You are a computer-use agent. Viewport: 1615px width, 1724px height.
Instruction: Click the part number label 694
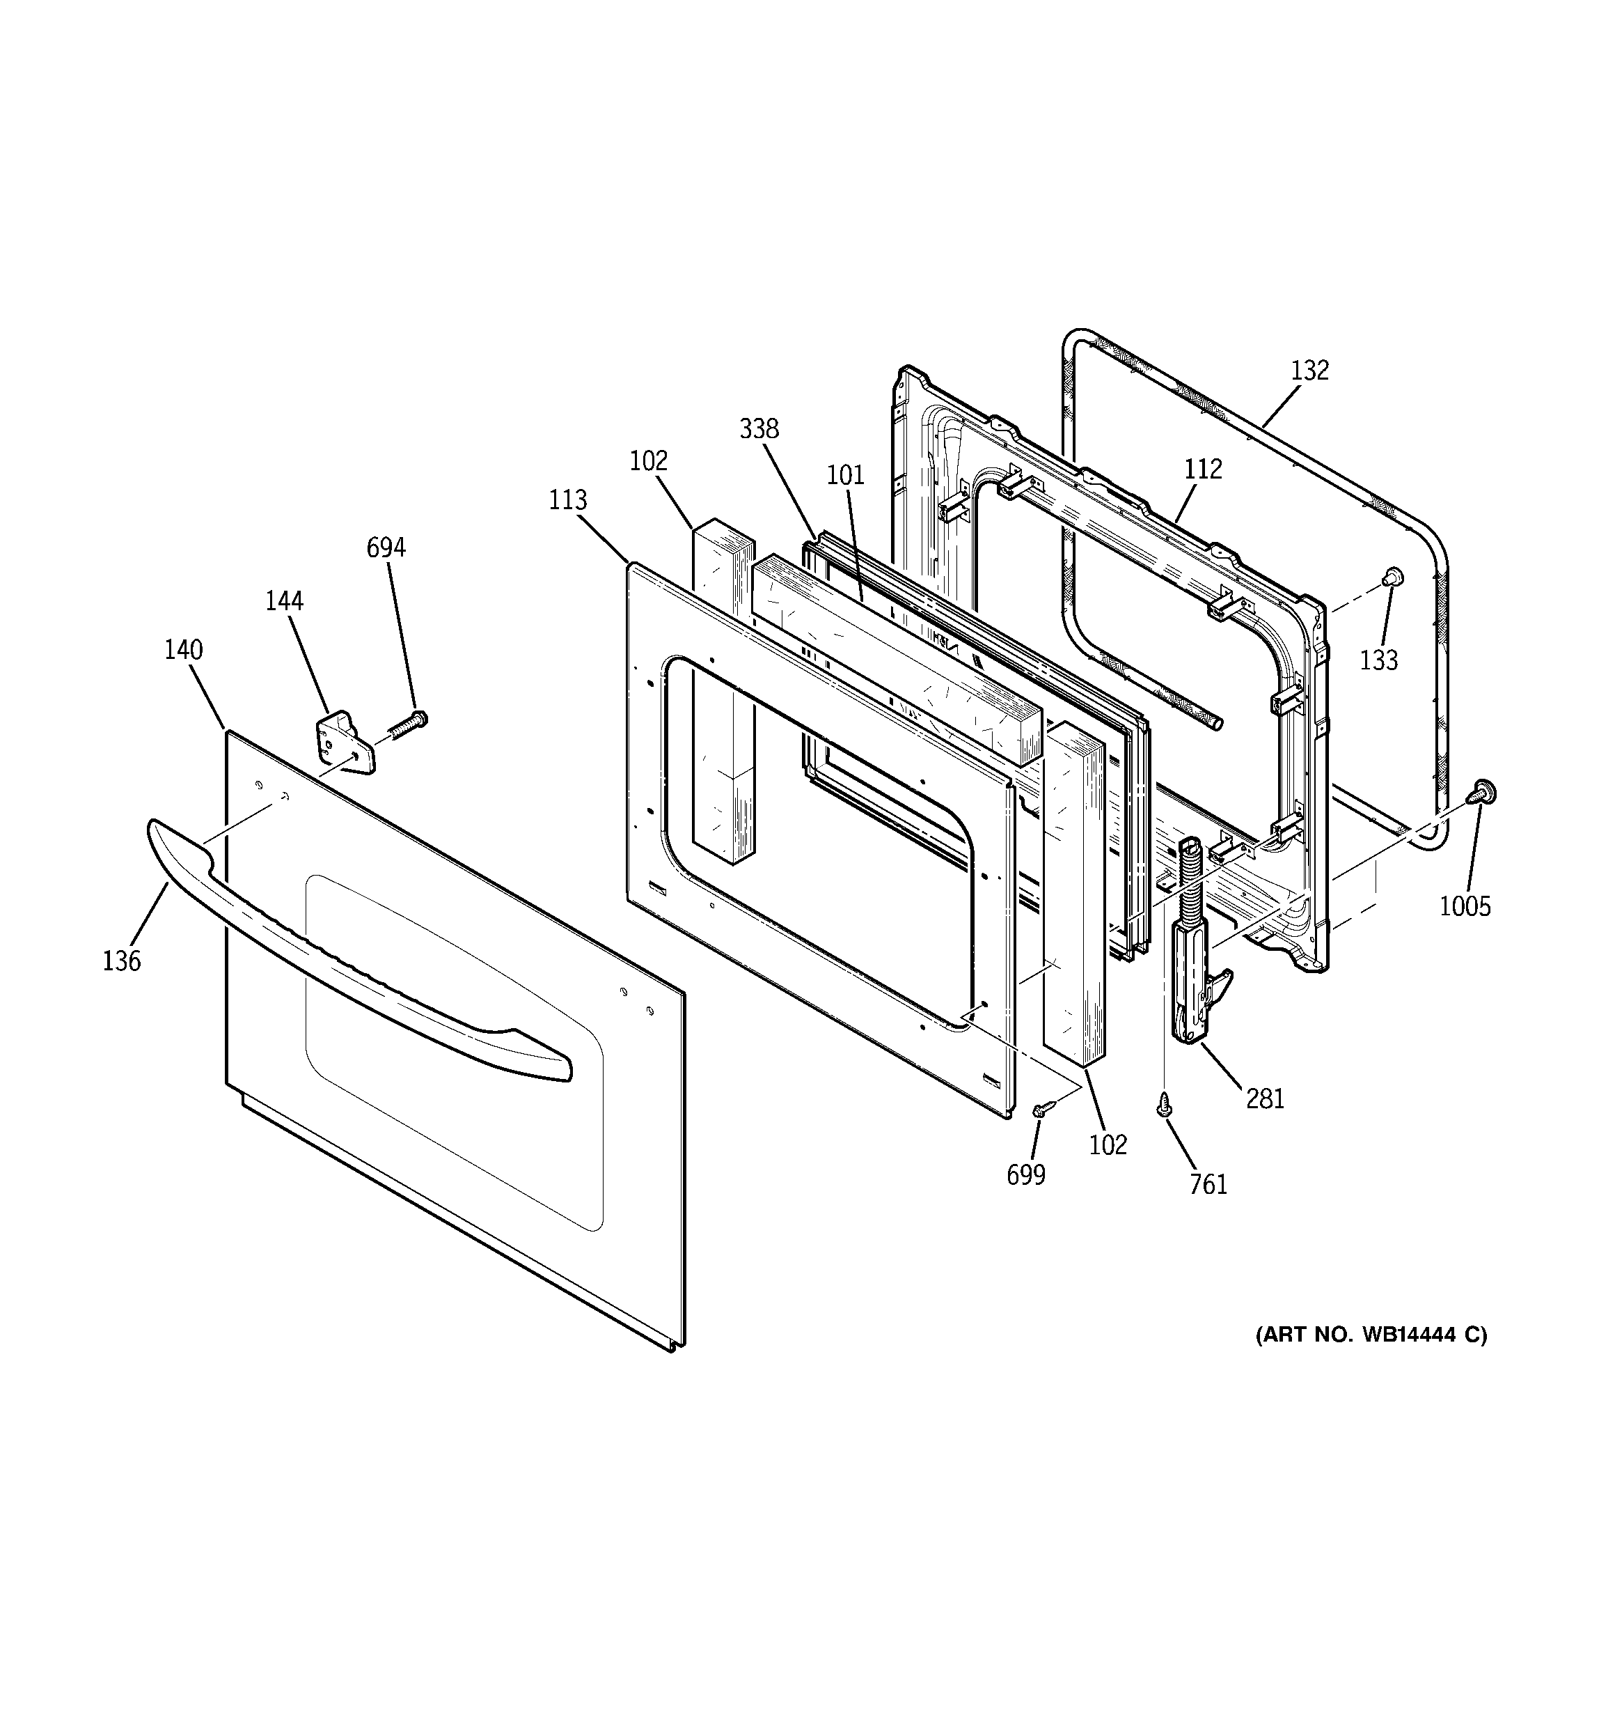click(x=386, y=548)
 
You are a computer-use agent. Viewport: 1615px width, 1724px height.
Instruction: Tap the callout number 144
click(x=284, y=600)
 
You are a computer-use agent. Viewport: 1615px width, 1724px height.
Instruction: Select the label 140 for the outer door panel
click(x=184, y=649)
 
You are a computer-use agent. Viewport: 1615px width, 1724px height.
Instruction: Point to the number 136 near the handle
click(x=121, y=961)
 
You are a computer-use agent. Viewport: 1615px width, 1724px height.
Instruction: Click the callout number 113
click(x=568, y=499)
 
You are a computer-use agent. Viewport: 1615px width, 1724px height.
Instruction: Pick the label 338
click(x=759, y=428)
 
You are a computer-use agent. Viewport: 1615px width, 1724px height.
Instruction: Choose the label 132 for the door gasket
click(x=1309, y=371)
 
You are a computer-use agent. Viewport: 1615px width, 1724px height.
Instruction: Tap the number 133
click(x=1378, y=660)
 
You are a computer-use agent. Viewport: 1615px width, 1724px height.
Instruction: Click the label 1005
click(x=1465, y=906)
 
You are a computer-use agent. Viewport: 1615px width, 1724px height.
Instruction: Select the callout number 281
click(x=1265, y=1098)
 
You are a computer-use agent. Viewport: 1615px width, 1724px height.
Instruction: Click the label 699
click(x=1025, y=1175)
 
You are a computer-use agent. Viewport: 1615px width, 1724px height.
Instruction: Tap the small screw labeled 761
click(x=1164, y=1104)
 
